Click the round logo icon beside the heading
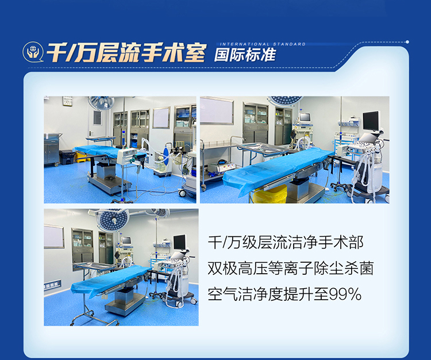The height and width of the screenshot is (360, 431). [x=32, y=52]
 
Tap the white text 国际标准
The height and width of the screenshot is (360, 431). [x=245, y=55]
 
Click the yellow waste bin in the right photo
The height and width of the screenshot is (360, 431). [x=270, y=194]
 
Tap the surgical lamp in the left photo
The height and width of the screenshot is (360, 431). [x=101, y=102]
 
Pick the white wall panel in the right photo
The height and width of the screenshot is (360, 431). [x=217, y=110]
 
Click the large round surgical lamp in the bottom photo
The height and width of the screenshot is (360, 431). [x=113, y=219]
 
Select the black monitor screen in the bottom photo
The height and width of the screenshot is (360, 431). [x=180, y=242]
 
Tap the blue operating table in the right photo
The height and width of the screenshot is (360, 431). [x=279, y=167]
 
